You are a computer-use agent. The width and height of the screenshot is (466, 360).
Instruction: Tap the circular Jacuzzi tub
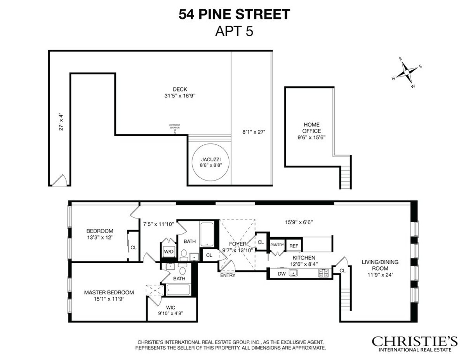pos(210,162)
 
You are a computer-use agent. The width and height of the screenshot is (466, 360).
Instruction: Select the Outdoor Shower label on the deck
pos(174,126)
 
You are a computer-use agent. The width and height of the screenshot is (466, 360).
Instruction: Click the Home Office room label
pos(311,128)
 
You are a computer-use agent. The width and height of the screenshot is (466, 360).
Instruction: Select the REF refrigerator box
pos(294,245)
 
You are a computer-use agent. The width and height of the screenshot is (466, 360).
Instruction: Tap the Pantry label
pos(278,245)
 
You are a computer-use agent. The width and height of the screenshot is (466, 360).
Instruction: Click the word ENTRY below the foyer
pos(227,275)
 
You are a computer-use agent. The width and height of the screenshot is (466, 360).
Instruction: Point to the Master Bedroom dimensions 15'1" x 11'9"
pos(109,299)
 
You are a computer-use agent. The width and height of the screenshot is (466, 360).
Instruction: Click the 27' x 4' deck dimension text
pos(61,122)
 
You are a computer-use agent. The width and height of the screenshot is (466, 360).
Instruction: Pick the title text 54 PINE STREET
pos(234,14)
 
